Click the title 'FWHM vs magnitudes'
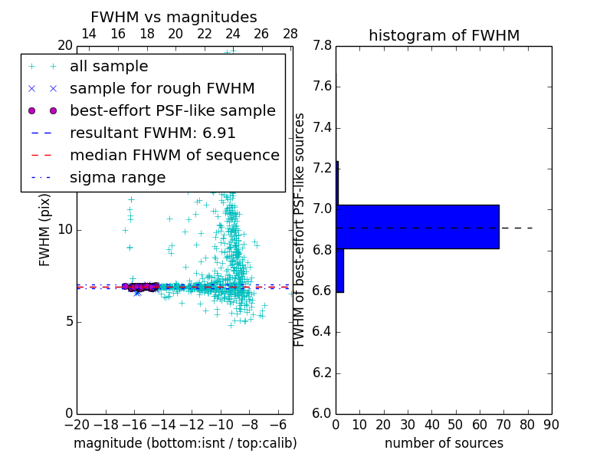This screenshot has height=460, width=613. [174, 17]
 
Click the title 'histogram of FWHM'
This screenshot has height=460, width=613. [444, 35]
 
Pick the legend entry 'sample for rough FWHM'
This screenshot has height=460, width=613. [162, 89]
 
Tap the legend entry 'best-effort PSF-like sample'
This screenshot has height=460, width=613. [172, 111]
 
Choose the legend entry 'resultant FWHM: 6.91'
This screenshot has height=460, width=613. [152, 133]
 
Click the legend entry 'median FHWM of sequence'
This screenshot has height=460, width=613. [174, 156]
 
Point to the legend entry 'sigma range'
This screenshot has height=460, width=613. [117, 178]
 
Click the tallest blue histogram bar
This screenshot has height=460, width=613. [418, 227]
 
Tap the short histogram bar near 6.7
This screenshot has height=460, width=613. [339, 270]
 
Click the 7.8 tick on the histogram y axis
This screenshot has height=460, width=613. [322, 46]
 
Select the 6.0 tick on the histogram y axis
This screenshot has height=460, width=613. [322, 413]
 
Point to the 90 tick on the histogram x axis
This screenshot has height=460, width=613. [552, 424]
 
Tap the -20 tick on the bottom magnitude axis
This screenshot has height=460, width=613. [77, 424]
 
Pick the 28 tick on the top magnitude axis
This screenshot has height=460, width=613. [290, 34]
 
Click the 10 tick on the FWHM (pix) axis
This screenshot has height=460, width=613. [65, 229]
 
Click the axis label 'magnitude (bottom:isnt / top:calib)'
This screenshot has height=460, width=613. [185, 443]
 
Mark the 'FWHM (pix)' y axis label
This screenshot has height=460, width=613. [45, 229]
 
